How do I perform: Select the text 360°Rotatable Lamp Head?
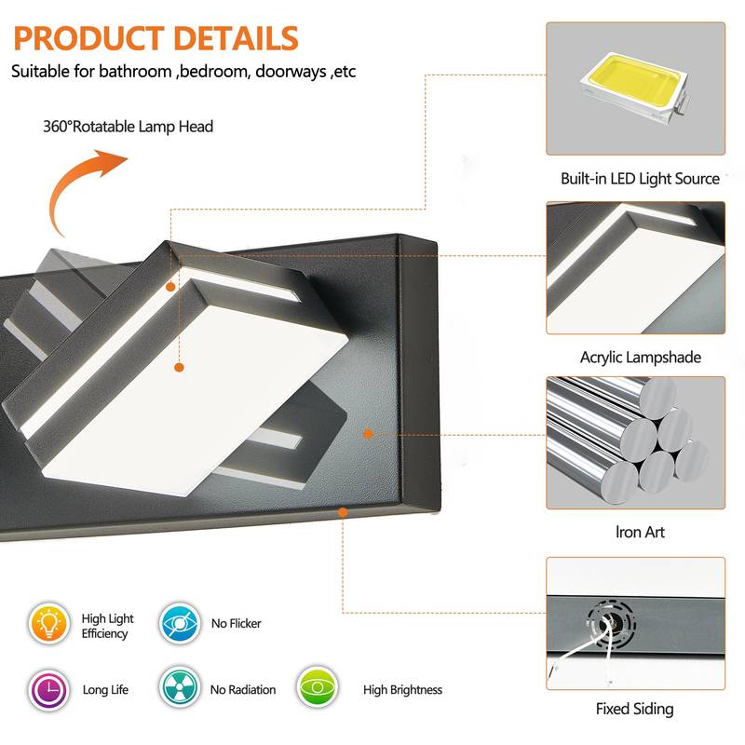[x=128, y=126]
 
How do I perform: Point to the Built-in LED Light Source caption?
[x=640, y=178]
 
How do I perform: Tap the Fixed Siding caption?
[x=634, y=709]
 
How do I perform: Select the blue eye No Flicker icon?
[x=178, y=624]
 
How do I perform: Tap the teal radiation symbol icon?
[x=178, y=689]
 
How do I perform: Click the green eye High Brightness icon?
[x=318, y=689]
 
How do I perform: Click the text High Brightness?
[x=402, y=690]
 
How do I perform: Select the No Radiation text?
[x=243, y=690]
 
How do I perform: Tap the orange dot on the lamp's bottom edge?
[x=343, y=511]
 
